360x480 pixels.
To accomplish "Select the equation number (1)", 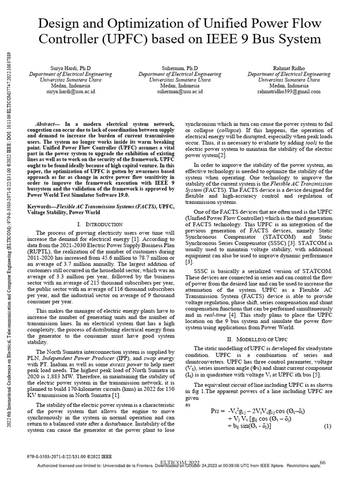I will tap(327, 426).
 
